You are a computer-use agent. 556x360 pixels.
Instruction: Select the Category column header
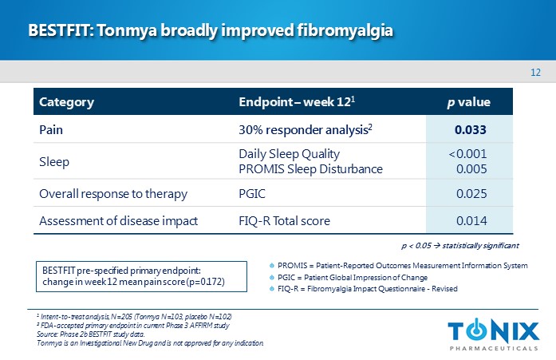point(67,102)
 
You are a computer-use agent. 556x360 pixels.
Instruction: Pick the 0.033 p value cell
point(471,129)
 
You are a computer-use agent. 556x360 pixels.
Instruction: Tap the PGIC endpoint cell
point(253,193)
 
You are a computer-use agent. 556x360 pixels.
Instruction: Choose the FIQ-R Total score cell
point(284,221)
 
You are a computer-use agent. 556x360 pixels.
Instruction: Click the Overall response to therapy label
point(113,193)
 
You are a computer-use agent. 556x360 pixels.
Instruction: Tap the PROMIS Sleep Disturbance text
point(310,168)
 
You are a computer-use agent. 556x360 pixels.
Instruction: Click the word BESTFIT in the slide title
point(58,31)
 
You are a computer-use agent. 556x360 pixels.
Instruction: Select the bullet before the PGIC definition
point(272,277)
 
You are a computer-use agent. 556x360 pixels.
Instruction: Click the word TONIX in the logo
point(493,330)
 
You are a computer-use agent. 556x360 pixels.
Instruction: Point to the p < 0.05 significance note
point(459,245)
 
